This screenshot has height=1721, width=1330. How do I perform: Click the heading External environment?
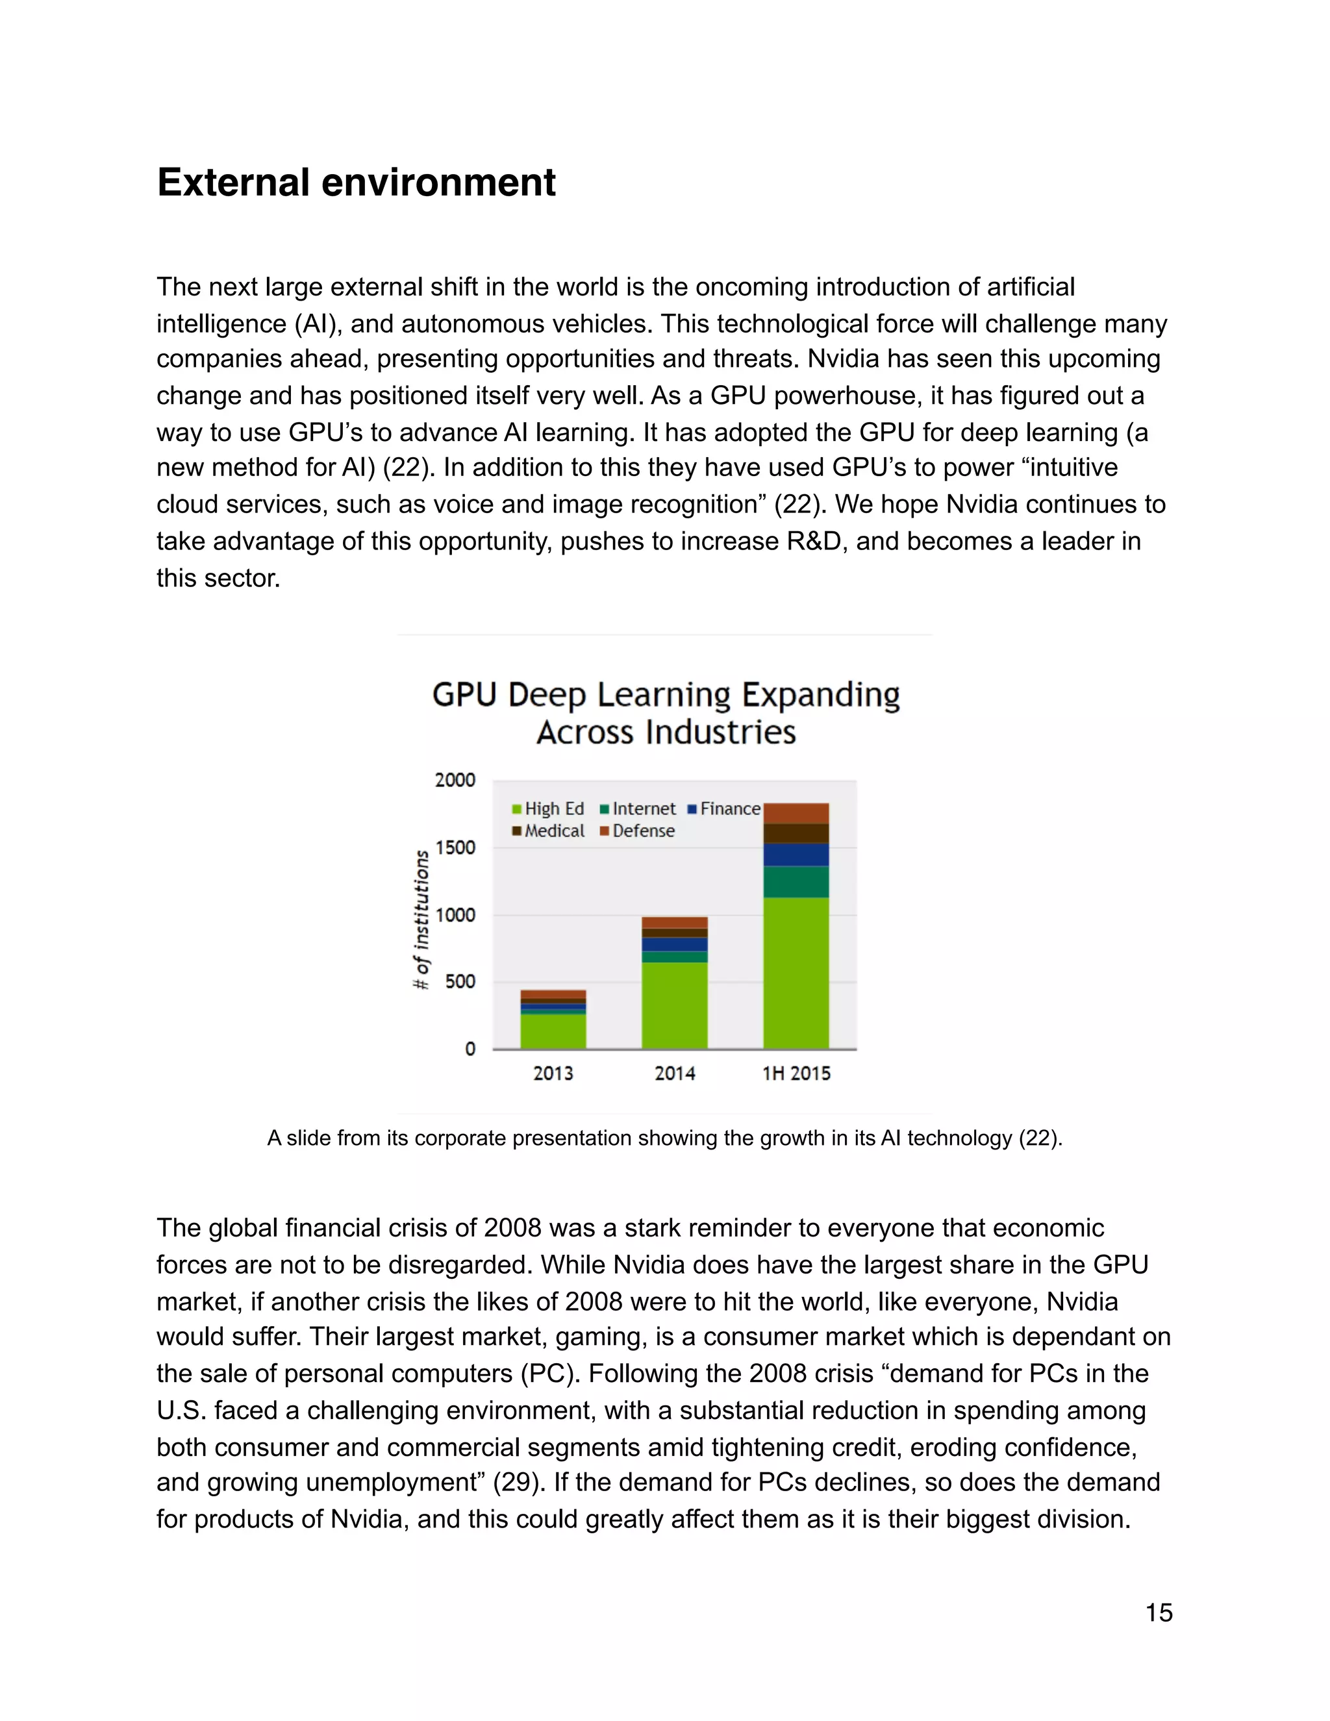[356, 183]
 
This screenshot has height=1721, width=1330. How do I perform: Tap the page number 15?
[1159, 1613]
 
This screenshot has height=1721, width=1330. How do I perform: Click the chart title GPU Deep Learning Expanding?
[666, 695]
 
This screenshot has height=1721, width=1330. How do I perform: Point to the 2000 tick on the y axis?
[455, 780]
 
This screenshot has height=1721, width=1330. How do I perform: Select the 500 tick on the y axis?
[460, 982]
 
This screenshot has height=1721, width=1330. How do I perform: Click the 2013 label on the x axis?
[553, 1074]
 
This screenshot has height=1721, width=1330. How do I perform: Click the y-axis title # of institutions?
[422, 919]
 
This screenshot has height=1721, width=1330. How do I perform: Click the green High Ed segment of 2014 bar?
[675, 1005]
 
